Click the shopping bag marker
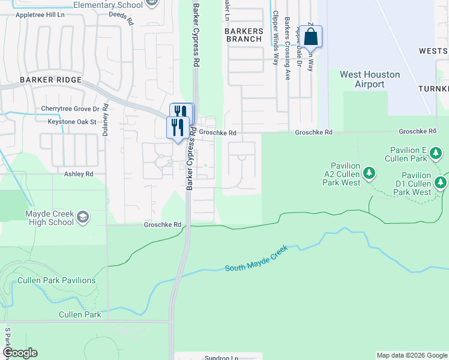click(312, 37)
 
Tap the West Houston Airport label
click(370, 79)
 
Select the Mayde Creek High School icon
click(83, 217)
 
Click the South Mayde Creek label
click(256, 258)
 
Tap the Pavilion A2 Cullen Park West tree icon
click(370, 174)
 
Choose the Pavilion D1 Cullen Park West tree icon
click(441, 182)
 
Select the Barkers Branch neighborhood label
click(243, 35)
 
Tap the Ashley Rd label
click(79, 173)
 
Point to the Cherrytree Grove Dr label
click(70, 109)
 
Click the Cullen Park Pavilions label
click(56, 280)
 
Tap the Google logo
click(19, 352)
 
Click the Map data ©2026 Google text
click(412, 355)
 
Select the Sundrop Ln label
click(221, 358)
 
